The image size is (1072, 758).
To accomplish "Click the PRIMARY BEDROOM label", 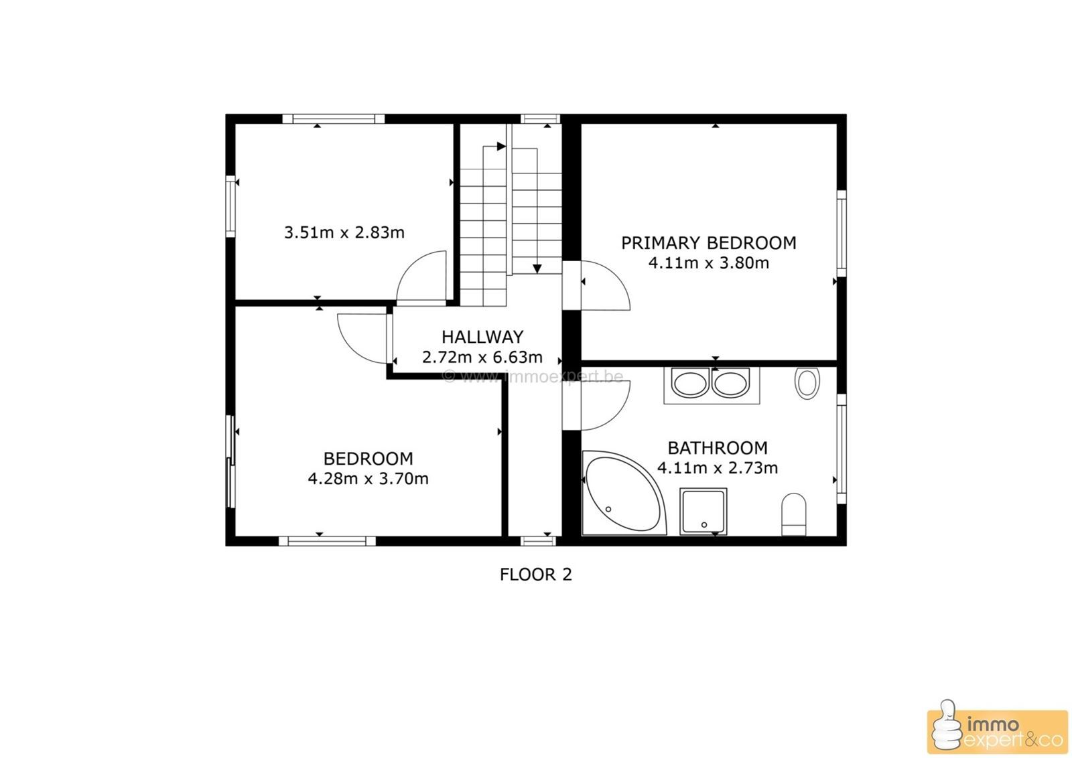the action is tap(708, 243).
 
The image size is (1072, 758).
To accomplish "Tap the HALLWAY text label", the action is tap(482, 337).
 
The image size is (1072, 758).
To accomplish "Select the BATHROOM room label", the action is tap(718, 448).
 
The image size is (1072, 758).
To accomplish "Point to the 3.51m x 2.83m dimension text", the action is tap(344, 232).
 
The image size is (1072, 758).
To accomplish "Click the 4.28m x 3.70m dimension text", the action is tap(368, 479).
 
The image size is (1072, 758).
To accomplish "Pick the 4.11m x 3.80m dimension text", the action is tap(708, 263).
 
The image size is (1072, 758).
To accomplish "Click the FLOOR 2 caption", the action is tap(535, 575).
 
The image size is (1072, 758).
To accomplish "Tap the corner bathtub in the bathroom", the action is tap(623, 493).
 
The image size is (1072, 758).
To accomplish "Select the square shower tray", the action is tap(703, 511).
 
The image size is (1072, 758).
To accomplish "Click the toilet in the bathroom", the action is tap(793, 514).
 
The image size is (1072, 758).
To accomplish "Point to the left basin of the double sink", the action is tap(689, 384).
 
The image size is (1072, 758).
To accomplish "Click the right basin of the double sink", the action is tap(730, 384).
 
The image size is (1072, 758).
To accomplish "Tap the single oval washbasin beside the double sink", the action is tap(807, 383).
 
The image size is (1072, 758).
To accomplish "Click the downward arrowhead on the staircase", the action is tap(537, 269).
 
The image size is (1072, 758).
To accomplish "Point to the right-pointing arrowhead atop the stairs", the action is tap(502, 147).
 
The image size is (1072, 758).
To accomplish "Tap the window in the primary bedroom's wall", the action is tap(842, 234).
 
